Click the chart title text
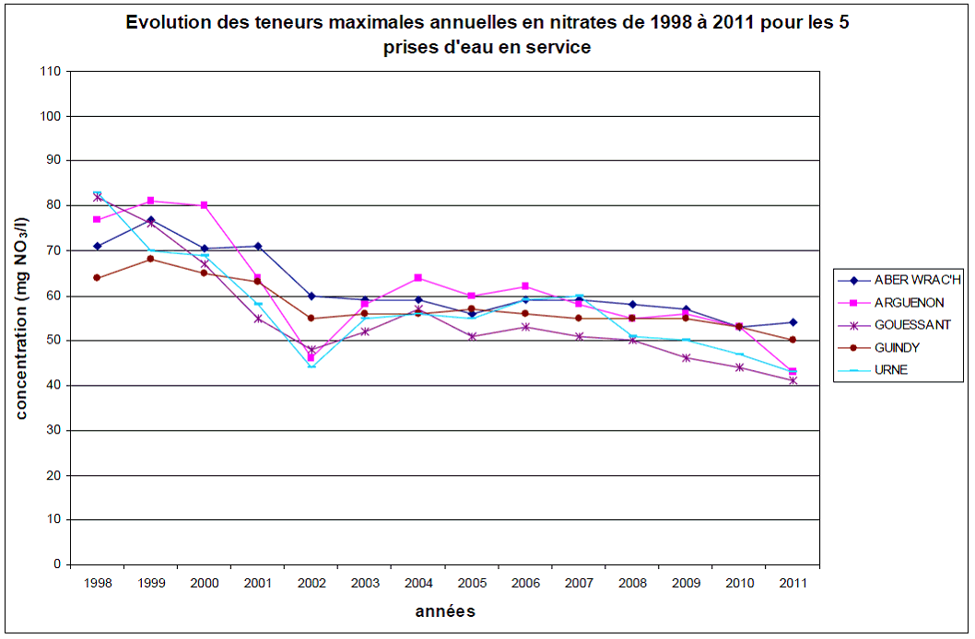pos(487,35)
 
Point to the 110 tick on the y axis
pos(50,72)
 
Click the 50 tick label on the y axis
pos(53,341)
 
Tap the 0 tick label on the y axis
pos(56,564)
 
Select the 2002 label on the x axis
pos(311,583)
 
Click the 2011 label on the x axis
pos(793,583)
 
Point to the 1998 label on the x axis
pos(97,583)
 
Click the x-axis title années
pos(444,611)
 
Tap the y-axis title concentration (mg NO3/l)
pos(22,318)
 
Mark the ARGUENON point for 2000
pos(204,205)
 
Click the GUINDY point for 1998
pos(97,277)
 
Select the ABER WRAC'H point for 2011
pos(793,322)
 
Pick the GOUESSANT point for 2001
pos(258,319)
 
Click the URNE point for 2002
pos(311,366)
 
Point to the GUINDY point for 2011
pos(793,340)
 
